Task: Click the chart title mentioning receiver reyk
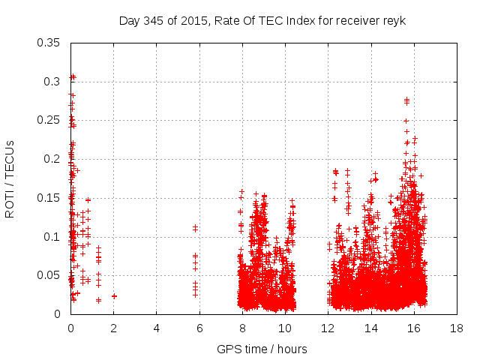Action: click(x=262, y=20)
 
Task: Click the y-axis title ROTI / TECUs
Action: click(x=10, y=178)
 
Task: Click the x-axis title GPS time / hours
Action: click(x=262, y=349)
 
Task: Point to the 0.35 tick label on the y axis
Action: click(x=49, y=42)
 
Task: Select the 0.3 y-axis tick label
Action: click(x=52, y=81)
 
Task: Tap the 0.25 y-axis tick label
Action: click(x=49, y=120)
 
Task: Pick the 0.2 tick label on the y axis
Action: click(x=52, y=159)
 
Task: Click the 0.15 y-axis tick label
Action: click(x=49, y=198)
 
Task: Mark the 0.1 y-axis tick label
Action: click(x=52, y=237)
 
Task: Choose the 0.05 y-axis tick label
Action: click(x=49, y=275)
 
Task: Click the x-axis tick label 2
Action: click(x=113, y=328)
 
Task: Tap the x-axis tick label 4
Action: click(x=157, y=328)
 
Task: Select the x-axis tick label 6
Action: click(x=199, y=328)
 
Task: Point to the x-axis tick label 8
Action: click(x=242, y=328)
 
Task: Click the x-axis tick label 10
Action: click(x=285, y=328)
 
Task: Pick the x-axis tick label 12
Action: click(x=328, y=328)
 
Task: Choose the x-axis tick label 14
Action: click(x=370, y=328)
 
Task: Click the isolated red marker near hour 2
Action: click(x=114, y=296)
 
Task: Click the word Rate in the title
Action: click(x=229, y=20)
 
